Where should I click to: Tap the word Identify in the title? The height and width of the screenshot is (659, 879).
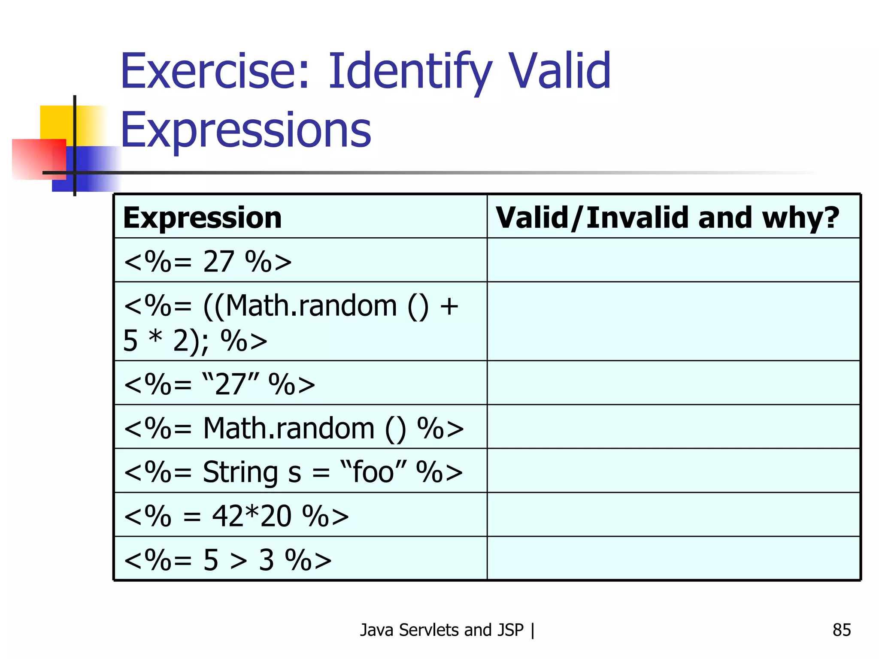[x=410, y=72]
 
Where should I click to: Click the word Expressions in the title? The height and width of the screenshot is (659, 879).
[x=246, y=130]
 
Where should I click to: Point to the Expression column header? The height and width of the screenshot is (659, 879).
[x=202, y=218]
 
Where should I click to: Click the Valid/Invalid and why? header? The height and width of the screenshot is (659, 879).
[x=667, y=218]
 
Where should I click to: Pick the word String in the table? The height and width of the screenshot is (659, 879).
[x=240, y=472]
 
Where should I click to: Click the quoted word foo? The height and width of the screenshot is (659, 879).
[x=373, y=472]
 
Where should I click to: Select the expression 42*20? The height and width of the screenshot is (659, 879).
[x=252, y=516]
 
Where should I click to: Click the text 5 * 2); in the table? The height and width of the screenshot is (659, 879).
[x=166, y=341]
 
